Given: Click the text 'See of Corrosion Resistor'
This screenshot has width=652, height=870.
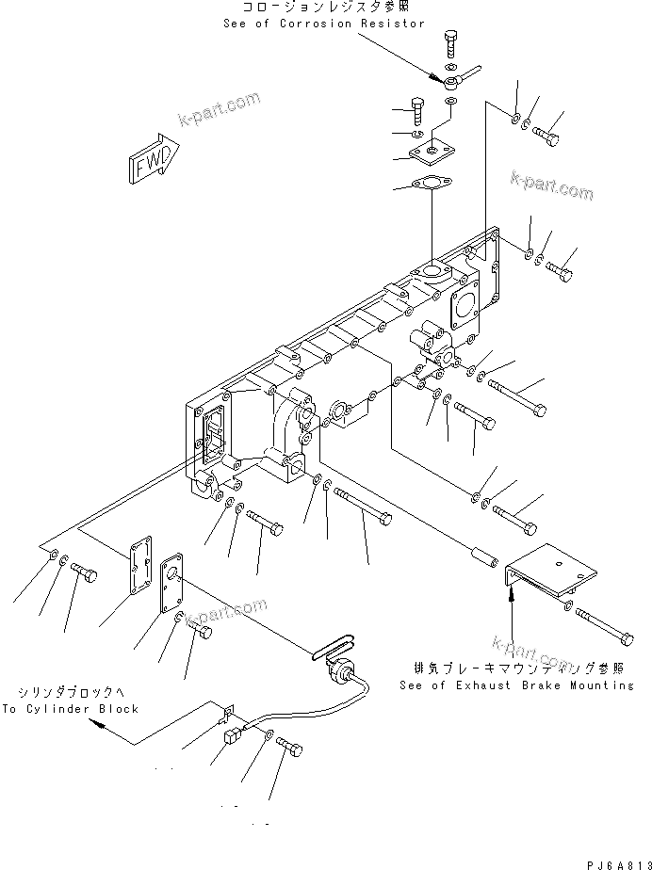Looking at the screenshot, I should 324,23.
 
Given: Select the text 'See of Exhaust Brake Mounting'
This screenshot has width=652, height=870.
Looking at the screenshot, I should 516,685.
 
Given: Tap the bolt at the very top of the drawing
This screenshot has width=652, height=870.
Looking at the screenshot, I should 449,43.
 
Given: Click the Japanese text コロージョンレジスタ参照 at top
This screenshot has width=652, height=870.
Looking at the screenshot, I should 324,8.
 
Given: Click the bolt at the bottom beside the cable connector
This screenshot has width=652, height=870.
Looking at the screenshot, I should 292,749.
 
